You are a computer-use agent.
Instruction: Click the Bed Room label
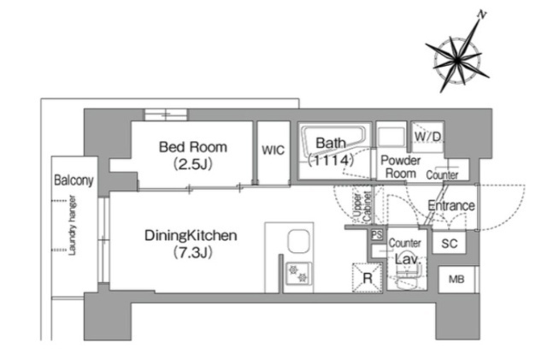(193, 147)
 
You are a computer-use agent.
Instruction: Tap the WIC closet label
(273, 150)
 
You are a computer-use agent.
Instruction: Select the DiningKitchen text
(191, 236)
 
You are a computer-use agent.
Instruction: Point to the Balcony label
(74, 180)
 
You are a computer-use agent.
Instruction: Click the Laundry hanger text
(72, 225)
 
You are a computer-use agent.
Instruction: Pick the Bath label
(331, 143)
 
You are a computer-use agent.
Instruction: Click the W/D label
(427, 137)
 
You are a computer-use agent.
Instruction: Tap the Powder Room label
(400, 167)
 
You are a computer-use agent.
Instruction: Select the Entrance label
(451, 205)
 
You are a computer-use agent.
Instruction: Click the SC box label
(450, 244)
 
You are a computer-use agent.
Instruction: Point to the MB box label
(456, 280)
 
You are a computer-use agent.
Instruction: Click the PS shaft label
(377, 234)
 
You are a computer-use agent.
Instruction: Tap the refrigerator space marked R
(368, 278)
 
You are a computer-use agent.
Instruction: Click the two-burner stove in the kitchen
(298, 274)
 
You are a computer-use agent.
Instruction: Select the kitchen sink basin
(298, 241)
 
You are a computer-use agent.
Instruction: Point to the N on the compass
(482, 15)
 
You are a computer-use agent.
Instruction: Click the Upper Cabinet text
(362, 207)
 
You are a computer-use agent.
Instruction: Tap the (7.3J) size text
(193, 252)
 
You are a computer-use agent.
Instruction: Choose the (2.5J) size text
(193, 164)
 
